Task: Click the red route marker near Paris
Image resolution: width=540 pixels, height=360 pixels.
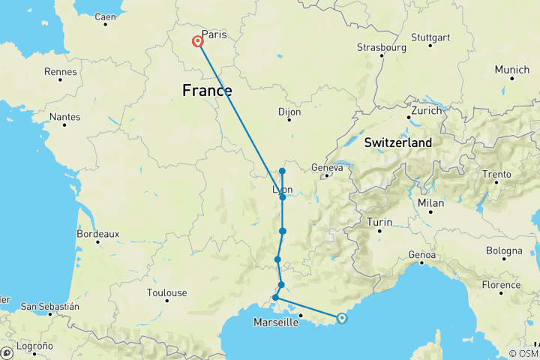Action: (x=198, y=41)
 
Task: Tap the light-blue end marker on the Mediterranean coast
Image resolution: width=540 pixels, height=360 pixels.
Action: (x=342, y=318)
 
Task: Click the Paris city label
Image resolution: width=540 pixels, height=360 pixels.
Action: (x=214, y=34)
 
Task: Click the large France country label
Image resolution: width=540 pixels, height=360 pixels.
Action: (x=207, y=91)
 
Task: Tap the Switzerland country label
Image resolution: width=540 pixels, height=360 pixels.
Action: (x=397, y=142)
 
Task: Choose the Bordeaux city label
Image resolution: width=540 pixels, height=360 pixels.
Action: (x=97, y=234)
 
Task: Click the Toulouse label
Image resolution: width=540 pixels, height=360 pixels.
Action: (x=166, y=292)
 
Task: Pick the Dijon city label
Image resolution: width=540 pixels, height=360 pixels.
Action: (x=289, y=112)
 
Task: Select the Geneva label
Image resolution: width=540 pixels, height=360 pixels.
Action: (x=327, y=168)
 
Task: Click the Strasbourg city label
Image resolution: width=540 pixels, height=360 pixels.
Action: (x=381, y=47)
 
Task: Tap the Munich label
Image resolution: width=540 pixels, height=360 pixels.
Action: (x=511, y=70)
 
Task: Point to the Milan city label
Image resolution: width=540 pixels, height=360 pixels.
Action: (x=431, y=202)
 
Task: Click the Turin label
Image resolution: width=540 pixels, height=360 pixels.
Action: (x=379, y=222)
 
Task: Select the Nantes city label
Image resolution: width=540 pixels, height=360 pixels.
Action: (x=64, y=117)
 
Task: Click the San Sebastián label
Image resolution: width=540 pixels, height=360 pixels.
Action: (x=49, y=306)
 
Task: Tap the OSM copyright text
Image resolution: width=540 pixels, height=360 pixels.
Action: (x=522, y=353)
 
